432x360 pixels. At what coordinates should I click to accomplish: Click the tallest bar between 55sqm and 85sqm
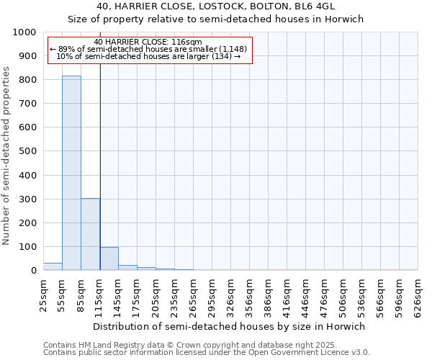pos(71,173)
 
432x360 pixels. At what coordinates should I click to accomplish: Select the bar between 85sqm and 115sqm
pos(90,234)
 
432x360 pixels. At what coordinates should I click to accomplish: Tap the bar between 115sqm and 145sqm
pos(109,258)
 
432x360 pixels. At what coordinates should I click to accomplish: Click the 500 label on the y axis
pos(27,151)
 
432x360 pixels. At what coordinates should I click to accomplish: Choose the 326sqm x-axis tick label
pos(230,297)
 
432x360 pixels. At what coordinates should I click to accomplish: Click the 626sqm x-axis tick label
pos(418,297)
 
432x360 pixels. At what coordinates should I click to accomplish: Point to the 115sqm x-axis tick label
pos(99,297)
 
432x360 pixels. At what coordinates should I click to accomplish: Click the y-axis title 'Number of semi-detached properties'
pos(6,156)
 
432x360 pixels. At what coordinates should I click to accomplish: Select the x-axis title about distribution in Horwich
pos(230,326)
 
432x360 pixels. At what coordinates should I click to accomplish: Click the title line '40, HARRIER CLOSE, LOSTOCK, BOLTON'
pos(216,6)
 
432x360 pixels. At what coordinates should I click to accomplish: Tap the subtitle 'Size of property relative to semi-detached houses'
pos(216,19)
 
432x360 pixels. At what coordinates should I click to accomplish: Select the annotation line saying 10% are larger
pos(148,55)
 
